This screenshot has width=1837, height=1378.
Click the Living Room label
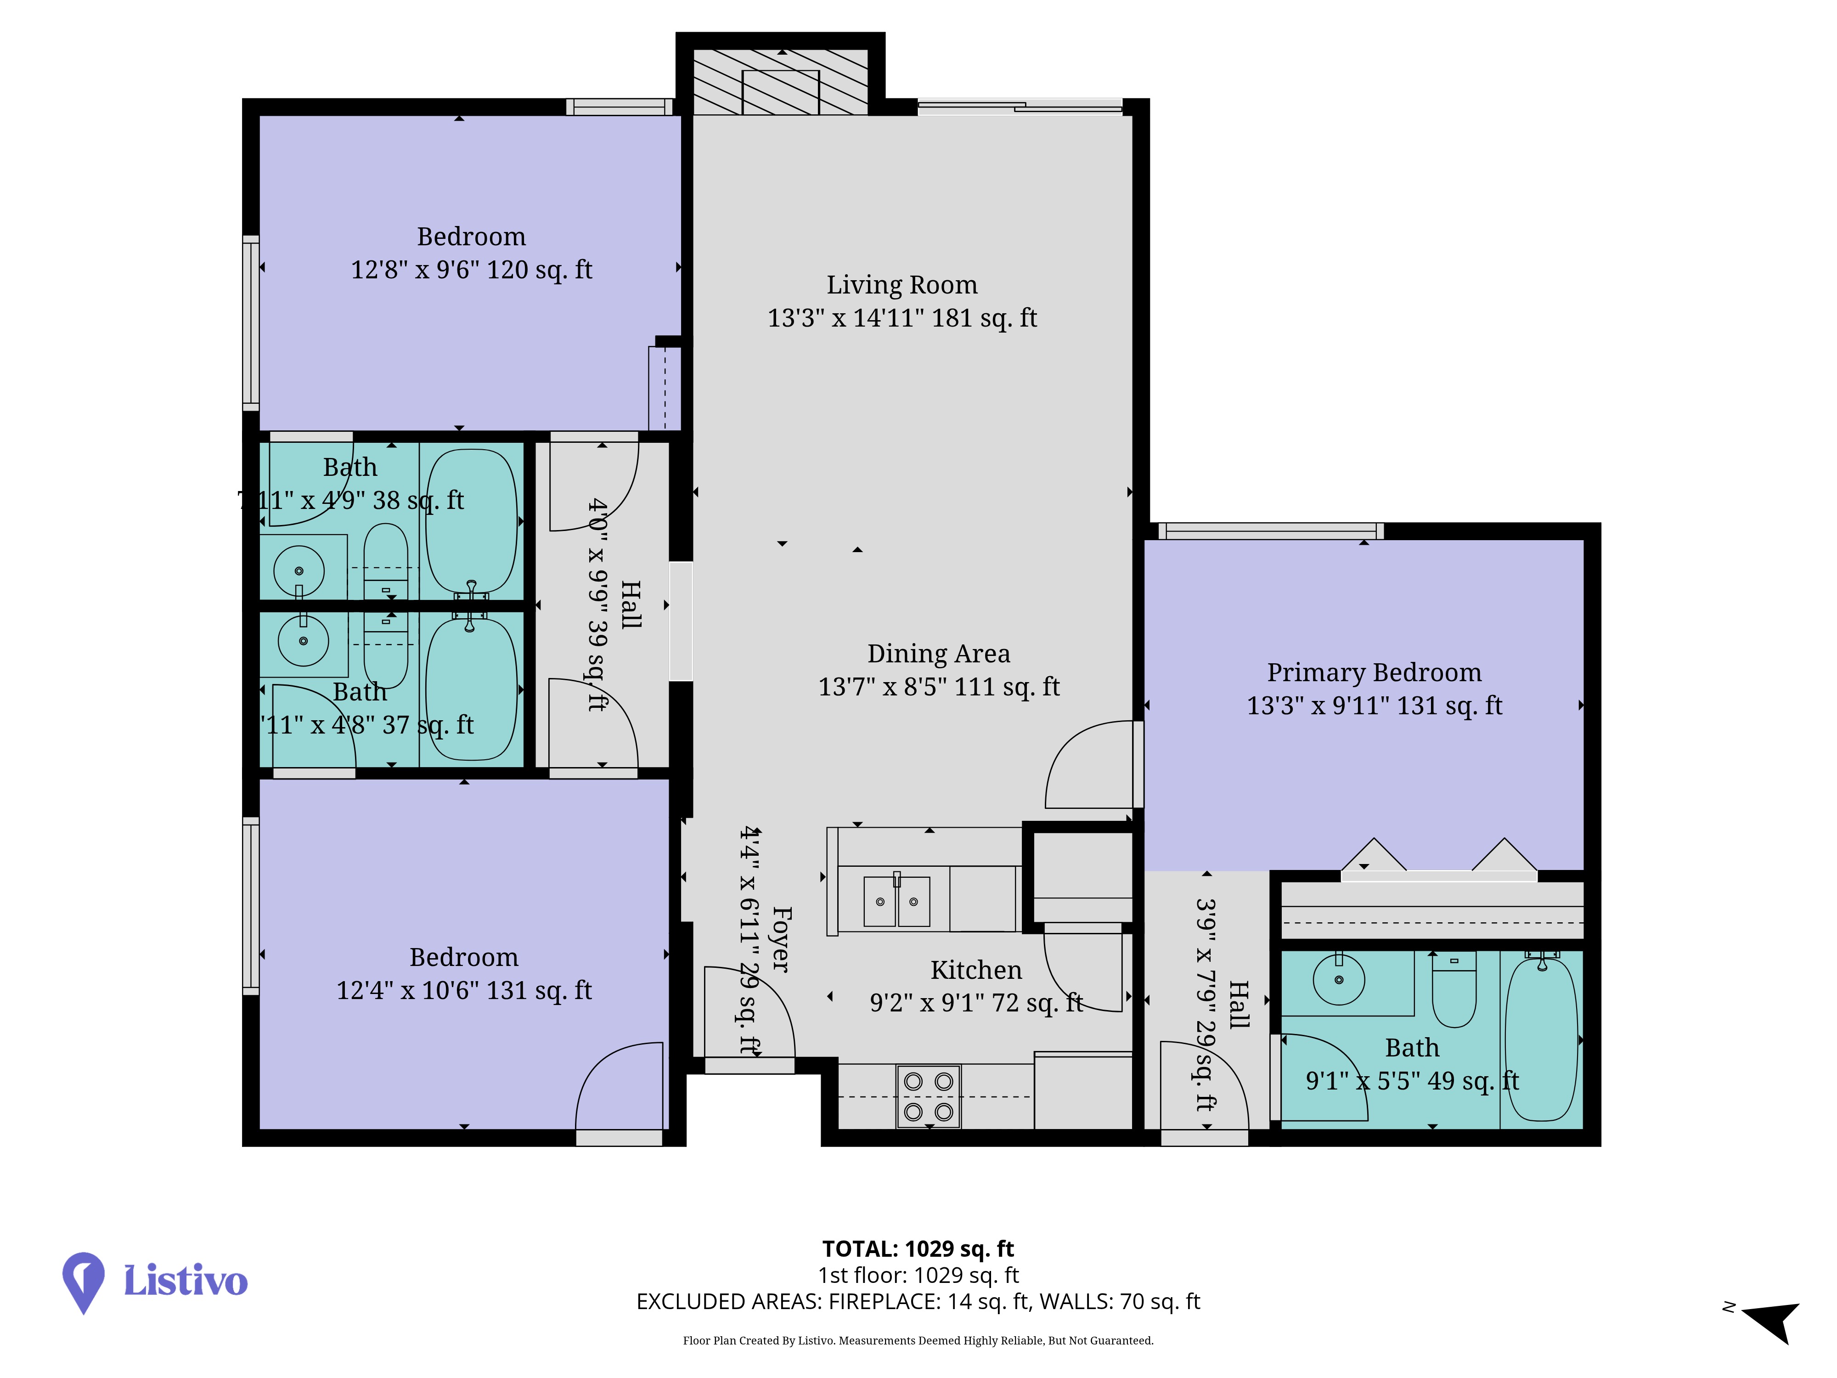[902, 285]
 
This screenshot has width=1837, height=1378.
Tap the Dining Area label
[938, 654]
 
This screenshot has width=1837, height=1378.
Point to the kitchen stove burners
[929, 1096]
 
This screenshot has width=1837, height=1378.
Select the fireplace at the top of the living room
[781, 81]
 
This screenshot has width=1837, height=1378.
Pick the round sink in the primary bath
[1339, 980]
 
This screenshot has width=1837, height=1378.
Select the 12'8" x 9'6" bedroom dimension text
[472, 270]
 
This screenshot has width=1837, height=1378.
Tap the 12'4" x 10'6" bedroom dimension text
[464, 990]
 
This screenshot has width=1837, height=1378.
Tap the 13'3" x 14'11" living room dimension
[902, 318]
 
